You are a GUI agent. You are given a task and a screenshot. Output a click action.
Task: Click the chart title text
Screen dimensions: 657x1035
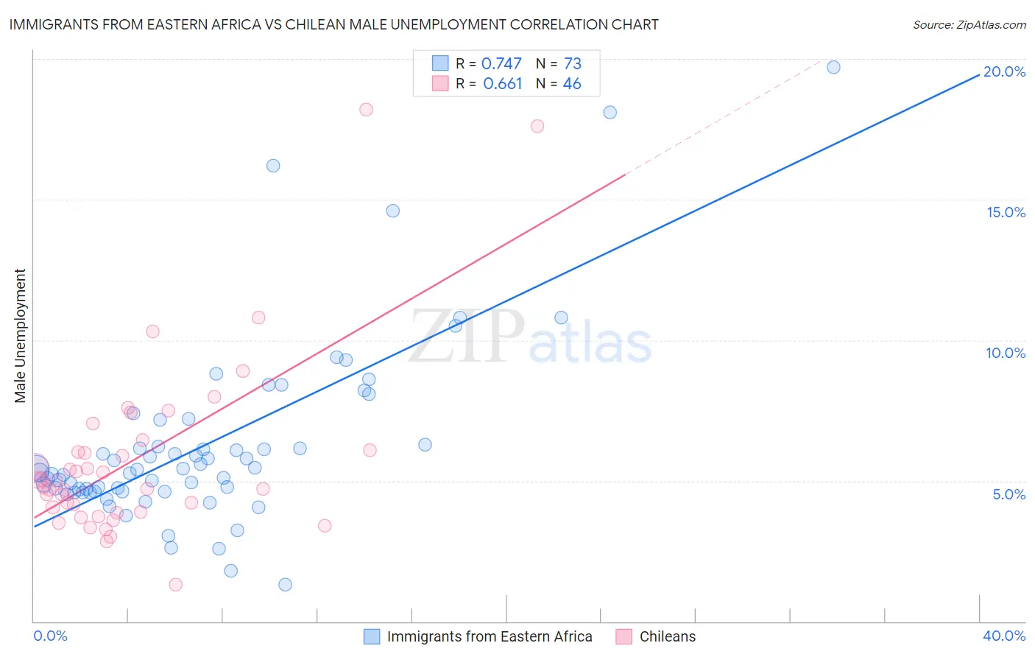pos(333,24)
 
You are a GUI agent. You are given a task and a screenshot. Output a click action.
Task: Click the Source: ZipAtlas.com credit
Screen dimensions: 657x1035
pos(969,24)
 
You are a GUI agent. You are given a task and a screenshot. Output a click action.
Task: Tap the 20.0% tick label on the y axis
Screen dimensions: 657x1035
pos(1004,71)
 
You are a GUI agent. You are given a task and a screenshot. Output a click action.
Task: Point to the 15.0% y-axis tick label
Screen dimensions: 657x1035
pos(1006,212)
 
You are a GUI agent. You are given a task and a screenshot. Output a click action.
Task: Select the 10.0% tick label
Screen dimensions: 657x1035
pos(1006,353)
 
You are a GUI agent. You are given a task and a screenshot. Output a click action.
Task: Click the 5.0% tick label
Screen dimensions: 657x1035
pos(1008,494)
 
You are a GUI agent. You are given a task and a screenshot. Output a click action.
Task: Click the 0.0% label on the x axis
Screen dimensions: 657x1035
pos(50,636)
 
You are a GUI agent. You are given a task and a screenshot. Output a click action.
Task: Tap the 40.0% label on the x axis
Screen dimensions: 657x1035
pos(1003,636)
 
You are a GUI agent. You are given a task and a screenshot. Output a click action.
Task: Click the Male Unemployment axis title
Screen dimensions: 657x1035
pos(20,336)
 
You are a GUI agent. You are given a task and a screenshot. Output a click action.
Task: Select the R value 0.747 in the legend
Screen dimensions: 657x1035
pos(501,64)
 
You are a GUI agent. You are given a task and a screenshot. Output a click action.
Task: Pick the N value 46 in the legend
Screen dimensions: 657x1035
pos(572,84)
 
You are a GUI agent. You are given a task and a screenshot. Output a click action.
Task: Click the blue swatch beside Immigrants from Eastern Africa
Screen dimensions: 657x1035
pos(372,636)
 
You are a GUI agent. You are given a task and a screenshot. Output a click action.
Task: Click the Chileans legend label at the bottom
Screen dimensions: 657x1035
pos(667,636)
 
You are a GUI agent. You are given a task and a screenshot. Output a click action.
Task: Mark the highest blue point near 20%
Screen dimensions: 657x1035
pos(833,67)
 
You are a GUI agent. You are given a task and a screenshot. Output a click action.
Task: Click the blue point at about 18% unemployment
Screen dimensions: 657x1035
pos(610,113)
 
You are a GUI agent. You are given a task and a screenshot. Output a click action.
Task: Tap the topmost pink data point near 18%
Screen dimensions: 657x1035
pos(366,110)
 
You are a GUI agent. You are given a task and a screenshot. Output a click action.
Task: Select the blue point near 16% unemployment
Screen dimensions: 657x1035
pos(273,166)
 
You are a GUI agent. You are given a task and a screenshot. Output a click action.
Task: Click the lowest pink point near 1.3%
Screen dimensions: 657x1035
pos(175,585)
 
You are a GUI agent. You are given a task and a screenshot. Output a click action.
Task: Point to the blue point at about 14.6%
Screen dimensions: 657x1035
pos(393,211)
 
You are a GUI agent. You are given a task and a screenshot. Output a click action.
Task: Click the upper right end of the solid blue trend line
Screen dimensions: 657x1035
pos(979,74)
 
